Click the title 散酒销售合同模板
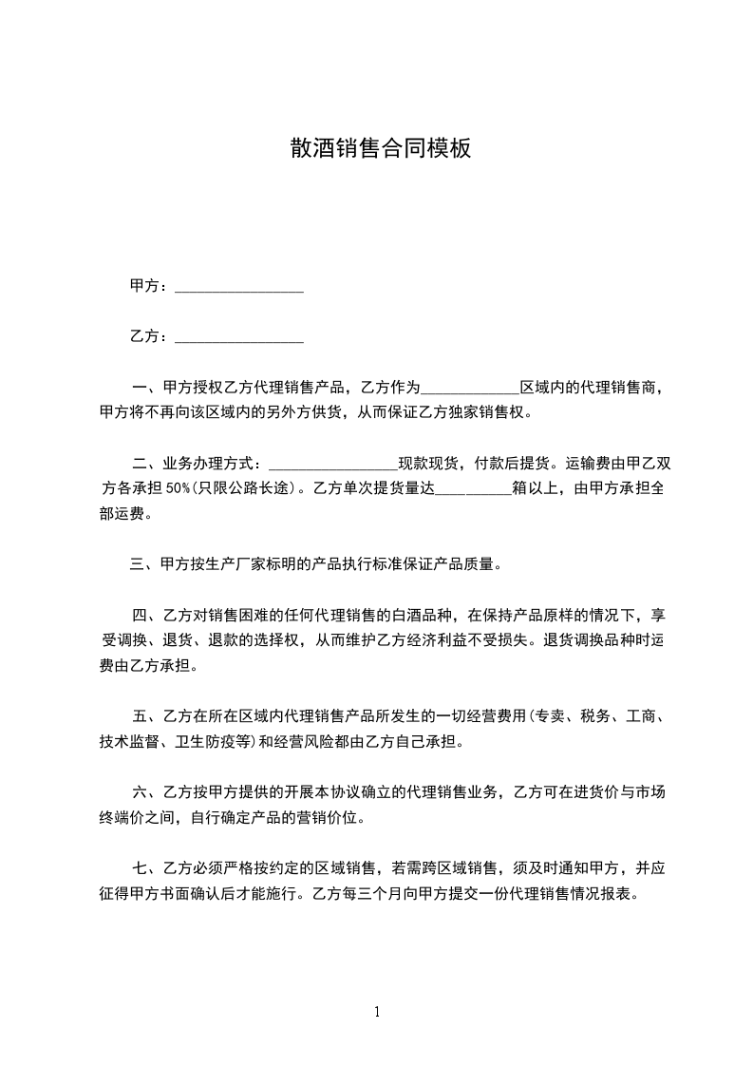380,149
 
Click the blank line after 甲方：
239,286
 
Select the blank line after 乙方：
239,336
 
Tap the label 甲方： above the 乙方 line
149,286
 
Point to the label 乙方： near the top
149,336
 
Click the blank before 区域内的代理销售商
469,388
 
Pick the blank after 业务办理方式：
333,464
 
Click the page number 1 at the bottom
377,1012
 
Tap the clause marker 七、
148,867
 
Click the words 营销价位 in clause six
333,817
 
